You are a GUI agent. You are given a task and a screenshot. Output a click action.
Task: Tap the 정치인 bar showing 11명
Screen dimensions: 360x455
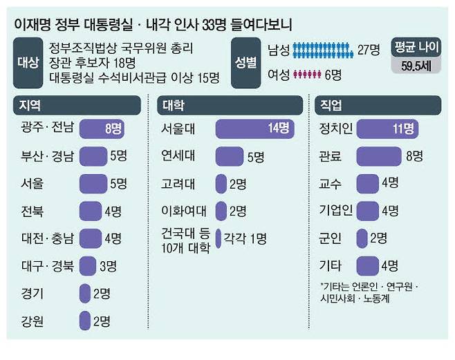click(x=386, y=129)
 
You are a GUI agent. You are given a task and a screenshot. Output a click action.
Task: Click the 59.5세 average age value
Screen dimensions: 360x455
click(x=417, y=67)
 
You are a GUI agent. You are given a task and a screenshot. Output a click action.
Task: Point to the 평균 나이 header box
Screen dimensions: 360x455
click(x=417, y=49)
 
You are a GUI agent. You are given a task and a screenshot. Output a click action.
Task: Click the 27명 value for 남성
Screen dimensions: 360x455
click(x=369, y=49)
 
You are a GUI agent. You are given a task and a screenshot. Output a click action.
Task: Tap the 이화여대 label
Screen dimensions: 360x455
click(x=180, y=210)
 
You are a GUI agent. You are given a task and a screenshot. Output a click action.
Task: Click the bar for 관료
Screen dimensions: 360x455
click(x=379, y=156)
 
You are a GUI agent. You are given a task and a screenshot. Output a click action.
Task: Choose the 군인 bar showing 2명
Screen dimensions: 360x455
click(x=361, y=238)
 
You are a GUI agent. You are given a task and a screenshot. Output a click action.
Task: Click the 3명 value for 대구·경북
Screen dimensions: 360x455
click(x=109, y=265)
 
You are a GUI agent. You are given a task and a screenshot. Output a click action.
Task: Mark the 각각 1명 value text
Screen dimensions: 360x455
click(x=243, y=239)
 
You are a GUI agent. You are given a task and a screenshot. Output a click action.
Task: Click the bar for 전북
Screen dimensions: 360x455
click(x=91, y=211)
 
